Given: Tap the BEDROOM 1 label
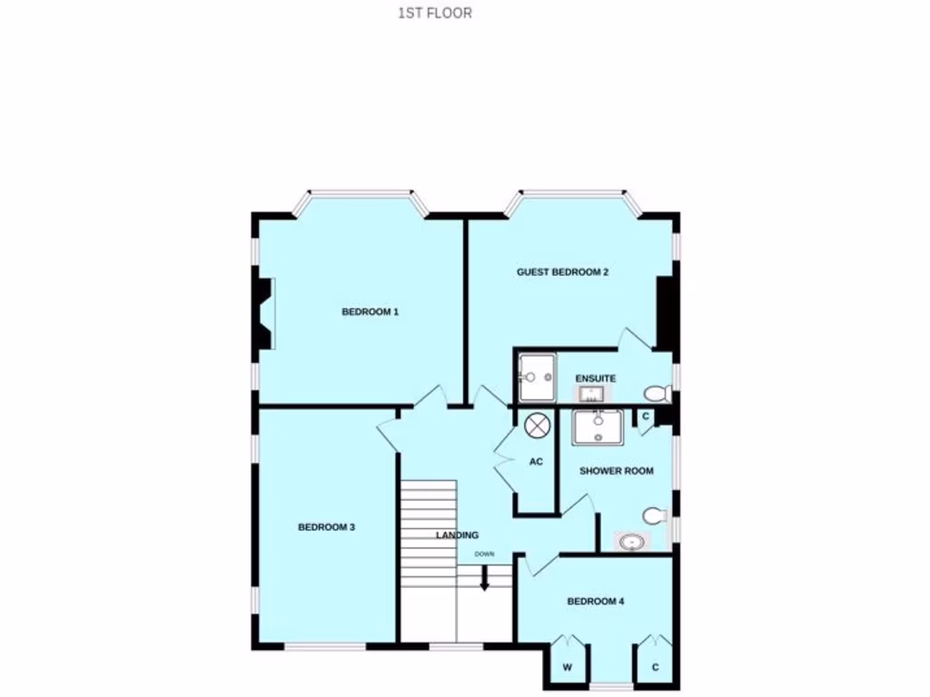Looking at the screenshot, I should coord(371,312).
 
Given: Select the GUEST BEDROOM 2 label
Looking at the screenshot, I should coord(562,272).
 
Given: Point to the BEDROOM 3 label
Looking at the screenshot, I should coord(326,527).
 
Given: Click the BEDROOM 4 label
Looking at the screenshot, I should coord(595,601).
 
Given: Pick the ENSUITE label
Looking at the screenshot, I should coord(597,378).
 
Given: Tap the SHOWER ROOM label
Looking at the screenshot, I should coord(617,471).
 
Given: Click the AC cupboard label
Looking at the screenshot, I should coord(536,462).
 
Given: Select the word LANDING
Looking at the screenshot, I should coord(457,535).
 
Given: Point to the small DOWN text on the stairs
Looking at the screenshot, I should coord(484,554).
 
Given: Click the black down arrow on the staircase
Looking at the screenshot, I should coord(484,578).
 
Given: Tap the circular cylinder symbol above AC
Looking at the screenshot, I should coord(536,424).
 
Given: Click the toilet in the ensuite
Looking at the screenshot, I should coord(657,393).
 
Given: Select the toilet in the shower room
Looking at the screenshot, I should coord(654,515).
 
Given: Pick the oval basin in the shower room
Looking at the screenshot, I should coord(631,543).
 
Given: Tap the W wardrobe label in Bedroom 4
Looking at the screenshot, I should coord(568,668).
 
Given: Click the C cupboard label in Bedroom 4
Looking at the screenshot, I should coord(655,668).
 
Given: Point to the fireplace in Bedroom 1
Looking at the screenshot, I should coord(263,313).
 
